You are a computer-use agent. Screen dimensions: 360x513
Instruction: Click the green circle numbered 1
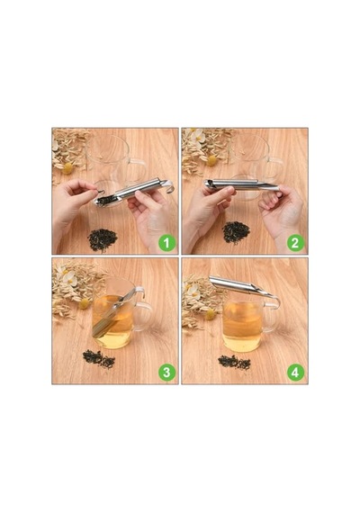click(x=166, y=243)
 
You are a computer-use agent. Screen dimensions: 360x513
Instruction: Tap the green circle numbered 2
click(x=295, y=243)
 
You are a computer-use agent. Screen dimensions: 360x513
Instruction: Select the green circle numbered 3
click(x=166, y=373)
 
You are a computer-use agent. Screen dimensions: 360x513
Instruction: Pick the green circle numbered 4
click(x=295, y=373)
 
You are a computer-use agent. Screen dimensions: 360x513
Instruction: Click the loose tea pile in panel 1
click(x=103, y=239)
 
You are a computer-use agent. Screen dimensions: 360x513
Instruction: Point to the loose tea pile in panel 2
click(x=236, y=232)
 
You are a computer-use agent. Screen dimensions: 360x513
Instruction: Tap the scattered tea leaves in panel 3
click(x=99, y=359)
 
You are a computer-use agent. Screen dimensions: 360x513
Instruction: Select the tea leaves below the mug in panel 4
click(x=234, y=363)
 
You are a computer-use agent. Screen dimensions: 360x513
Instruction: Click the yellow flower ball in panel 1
click(x=67, y=168)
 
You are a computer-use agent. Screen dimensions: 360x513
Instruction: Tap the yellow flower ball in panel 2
click(x=211, y=160)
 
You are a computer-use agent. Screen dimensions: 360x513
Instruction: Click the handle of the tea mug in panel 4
click(x=273, y=317)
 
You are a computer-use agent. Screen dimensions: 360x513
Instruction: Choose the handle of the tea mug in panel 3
click(x=144, y=316)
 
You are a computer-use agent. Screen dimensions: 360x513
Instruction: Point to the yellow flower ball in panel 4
click(x=210, y=315)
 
